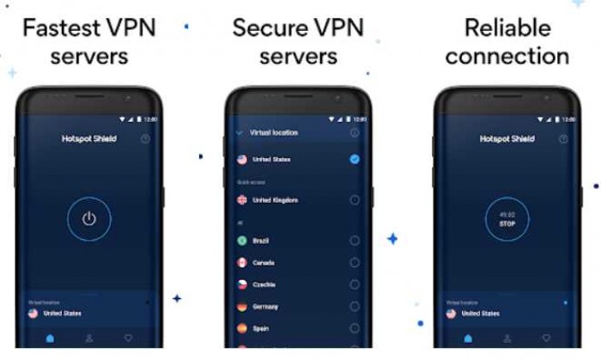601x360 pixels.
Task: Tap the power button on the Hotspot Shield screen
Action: click(88, 218)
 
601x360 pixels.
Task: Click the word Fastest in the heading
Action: click(56, 27)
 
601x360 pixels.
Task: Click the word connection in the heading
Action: click(507, 58)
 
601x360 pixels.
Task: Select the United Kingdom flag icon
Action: click(242, 199)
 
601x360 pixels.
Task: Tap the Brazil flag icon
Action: click(242, 241)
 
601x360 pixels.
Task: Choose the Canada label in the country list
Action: click(264, 262)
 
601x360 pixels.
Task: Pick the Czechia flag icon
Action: click(242, 284)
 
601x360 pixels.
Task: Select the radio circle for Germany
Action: click(355, 306)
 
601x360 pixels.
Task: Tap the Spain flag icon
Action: click(242, 327)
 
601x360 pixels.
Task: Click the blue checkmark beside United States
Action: click(355, 159)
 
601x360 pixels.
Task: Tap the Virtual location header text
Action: click(274, 133)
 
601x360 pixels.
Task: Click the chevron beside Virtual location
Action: click(239, 133)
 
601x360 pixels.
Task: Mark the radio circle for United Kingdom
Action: click(355, 199)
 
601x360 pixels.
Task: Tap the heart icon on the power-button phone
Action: click(128, 339)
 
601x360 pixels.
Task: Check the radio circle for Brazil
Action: click(355, 241)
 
